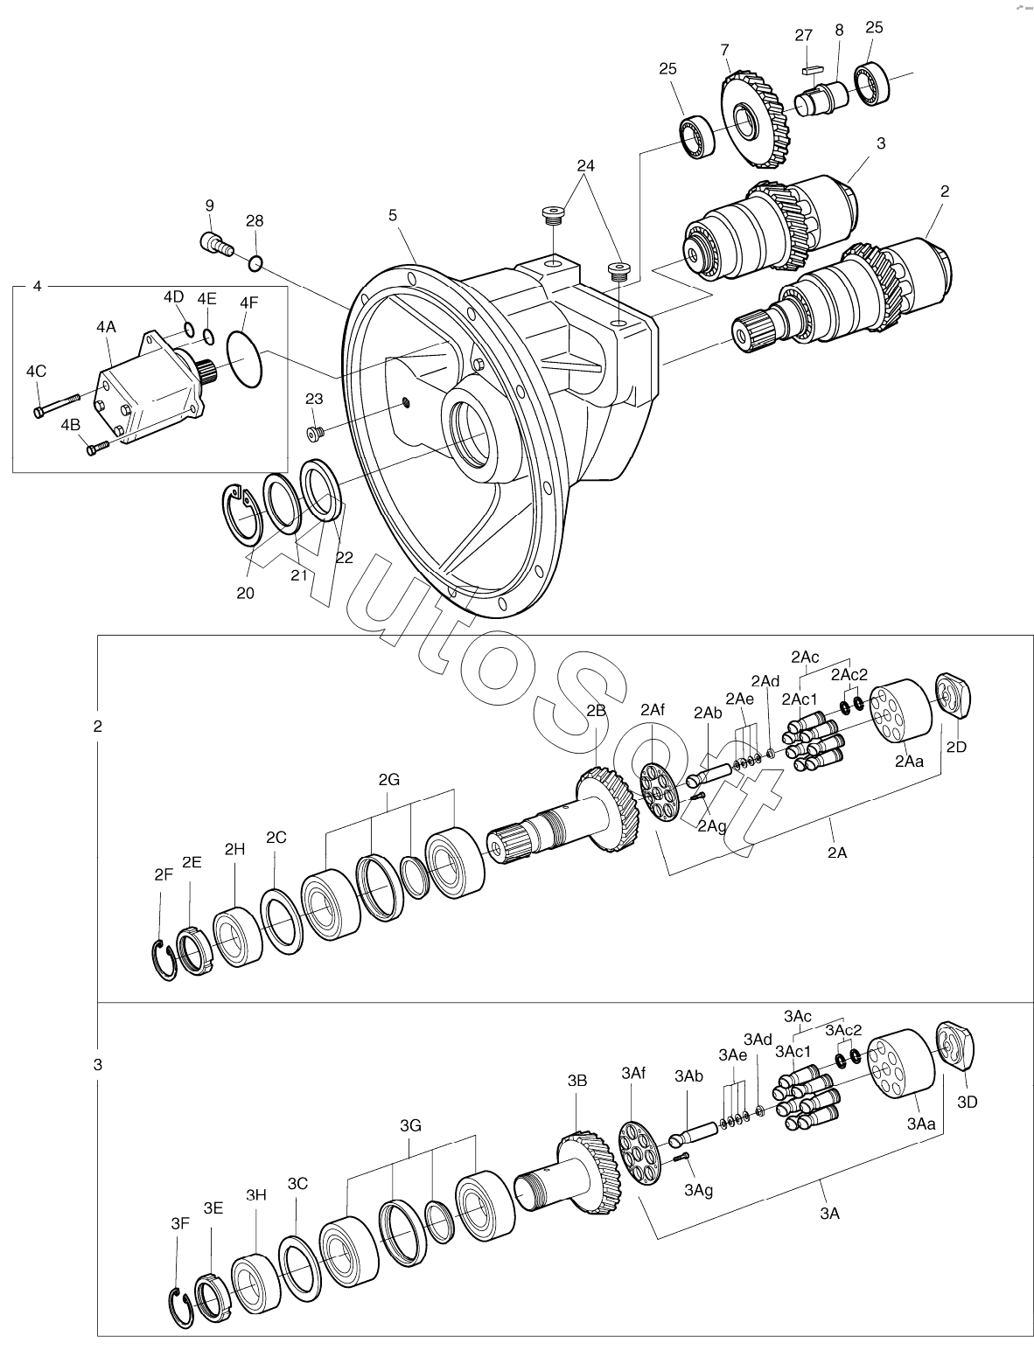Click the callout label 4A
[106, 327]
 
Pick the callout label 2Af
[653, 710]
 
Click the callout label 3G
[411, 1125]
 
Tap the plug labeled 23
[316, 432]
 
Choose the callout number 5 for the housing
[393, 213]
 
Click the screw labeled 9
[215, 241]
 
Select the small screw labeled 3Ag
[683, 1158]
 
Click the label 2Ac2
[849, 674]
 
